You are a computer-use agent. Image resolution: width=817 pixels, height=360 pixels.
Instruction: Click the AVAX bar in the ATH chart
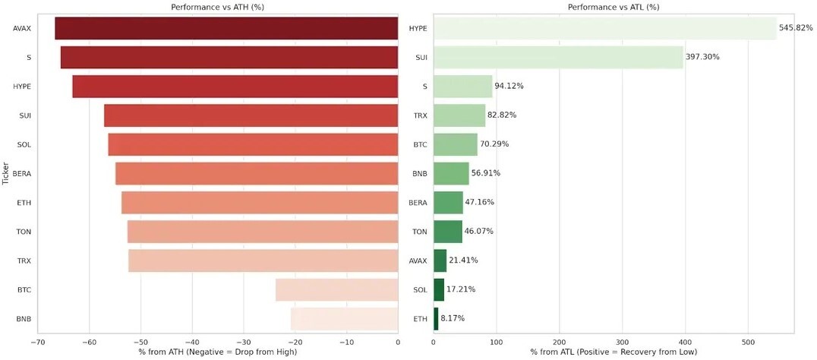[x=226, y=28]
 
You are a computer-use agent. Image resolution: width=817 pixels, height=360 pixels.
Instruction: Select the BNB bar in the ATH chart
[x=345, y=319]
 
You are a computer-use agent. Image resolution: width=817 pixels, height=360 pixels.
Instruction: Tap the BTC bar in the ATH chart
[x=336, y=289]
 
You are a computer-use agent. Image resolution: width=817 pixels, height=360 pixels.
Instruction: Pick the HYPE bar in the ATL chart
[x=605, y=28]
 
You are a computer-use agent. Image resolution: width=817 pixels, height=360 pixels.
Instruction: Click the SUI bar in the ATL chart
[x=558, y=57]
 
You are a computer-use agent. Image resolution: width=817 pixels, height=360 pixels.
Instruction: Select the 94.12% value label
[x=509, y=86]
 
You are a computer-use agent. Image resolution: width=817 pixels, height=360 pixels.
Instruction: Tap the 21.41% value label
[x=463, y=261]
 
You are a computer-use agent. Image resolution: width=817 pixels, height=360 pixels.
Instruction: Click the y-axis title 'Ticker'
[x=6, y=173]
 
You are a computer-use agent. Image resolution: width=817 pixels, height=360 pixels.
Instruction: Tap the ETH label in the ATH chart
[x=24, y=202]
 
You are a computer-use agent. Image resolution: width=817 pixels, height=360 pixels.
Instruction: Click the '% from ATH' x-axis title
[x=217, y=352]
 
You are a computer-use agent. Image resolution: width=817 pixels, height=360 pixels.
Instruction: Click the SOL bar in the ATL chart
[x=439, y=289]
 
